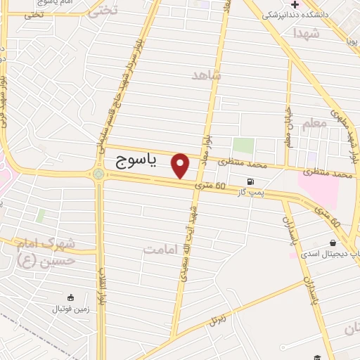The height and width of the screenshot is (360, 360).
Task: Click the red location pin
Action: (181, 165)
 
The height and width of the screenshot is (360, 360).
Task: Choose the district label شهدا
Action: (307, 34)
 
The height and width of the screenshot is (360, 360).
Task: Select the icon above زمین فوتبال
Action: (69, 297)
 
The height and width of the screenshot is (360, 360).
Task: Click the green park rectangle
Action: (243, 146)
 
